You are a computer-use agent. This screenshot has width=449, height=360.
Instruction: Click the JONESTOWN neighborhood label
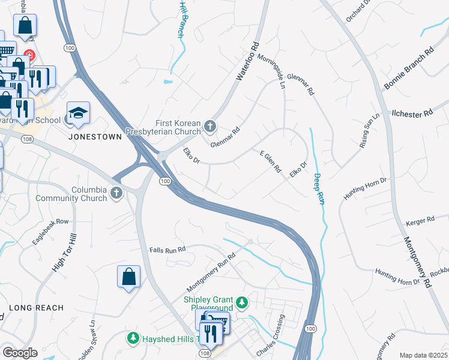click(95, 137)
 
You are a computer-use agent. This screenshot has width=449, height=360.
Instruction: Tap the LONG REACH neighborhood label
click(36, 308)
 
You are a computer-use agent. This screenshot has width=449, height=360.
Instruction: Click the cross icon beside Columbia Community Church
click(116, 193)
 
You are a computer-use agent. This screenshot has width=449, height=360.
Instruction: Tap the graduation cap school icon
click(77, 113)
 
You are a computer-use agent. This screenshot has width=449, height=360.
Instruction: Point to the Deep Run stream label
click(318, 189)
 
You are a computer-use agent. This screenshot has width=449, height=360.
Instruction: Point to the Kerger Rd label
click(420, 221)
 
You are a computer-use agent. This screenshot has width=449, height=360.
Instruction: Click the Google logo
click(20, 353)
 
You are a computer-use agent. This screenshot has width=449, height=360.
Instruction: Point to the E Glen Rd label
click(270, 162)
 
